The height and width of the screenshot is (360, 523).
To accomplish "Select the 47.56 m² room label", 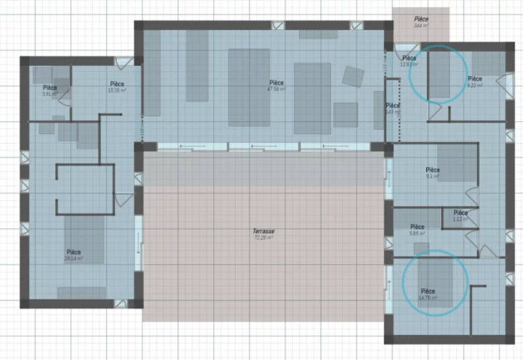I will tap(276, 86).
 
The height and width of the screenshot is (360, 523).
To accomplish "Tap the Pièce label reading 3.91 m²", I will tap(50, 91).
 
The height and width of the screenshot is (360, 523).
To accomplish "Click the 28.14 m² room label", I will tap(74, 255).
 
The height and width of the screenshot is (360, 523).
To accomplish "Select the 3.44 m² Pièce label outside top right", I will tap(421, 22).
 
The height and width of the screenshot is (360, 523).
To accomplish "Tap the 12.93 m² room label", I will tap(409, 61).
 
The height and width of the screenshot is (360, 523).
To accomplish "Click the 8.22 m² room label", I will tap(475, 82).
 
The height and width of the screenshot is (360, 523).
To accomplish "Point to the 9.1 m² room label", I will tap(432, 173).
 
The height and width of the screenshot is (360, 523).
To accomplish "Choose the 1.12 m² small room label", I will tap(460, 216).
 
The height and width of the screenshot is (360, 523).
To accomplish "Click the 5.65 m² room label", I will tap(417, 230).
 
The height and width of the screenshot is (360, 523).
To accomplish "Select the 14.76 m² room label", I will tap(427, 294).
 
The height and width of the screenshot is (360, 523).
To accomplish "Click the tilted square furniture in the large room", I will tap(353, 76).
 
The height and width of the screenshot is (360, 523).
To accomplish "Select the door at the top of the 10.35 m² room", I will tap(121, 63).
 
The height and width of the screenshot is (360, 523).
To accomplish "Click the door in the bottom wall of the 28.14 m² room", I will tap(121, 301).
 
